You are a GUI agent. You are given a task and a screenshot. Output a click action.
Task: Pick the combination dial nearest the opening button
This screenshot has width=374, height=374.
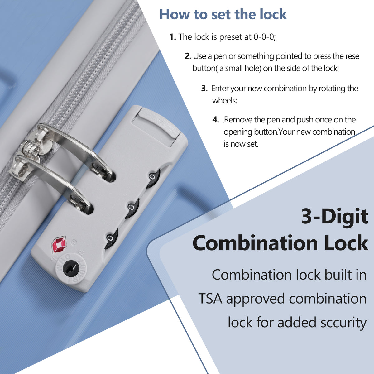[x=153, y=178]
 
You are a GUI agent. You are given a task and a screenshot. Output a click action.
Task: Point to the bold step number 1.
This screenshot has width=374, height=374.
[x=173, y=37]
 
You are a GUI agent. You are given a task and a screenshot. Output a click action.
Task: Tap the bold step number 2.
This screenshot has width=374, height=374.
[x=188, y=56]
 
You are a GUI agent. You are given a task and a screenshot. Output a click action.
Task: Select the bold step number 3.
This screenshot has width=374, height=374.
[x=204, y=88]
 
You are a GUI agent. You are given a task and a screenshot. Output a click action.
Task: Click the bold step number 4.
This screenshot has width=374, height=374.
[x=216, y=120]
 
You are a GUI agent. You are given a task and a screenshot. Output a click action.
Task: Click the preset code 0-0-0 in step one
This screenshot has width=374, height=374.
[x=265, y=37]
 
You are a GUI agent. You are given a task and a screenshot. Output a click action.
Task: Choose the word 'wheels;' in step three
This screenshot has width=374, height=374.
[x=224, y=101]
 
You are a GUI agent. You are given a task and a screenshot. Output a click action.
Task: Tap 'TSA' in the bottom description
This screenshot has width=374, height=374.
[x=210, y=299]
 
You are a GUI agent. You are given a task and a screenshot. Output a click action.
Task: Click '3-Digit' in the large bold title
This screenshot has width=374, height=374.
[x=334, y=216]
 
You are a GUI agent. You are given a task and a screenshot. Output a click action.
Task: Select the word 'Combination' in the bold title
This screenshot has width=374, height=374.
[x=255, y=243]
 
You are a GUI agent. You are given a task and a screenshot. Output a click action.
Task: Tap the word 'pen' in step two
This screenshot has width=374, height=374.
[x=220, y=56]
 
